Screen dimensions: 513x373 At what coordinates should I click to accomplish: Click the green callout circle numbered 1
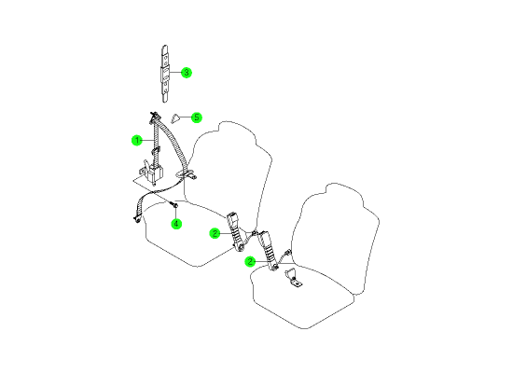click(137, 141)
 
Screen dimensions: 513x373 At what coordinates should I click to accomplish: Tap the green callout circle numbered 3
click(187, 73)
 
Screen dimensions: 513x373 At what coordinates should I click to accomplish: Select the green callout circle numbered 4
click(176, 224)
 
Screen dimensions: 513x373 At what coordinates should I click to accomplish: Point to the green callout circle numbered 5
click(197, 117)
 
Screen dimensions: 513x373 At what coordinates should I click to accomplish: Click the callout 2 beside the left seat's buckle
click(215, 233)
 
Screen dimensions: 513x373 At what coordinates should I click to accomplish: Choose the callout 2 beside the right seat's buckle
click(250, 261)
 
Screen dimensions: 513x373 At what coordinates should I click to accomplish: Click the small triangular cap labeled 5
click(175, 118)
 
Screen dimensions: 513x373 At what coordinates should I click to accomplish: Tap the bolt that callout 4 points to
click(174, 205)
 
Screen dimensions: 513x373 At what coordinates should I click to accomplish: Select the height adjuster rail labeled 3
click(165, 74)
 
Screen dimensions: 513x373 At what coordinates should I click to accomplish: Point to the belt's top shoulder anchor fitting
click(155, 117)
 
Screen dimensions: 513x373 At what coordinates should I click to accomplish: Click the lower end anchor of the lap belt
click(137, 220)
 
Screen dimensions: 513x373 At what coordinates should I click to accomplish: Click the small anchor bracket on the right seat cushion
click(294, 278)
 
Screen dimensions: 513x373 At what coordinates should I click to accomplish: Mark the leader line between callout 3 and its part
click(175, 73)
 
